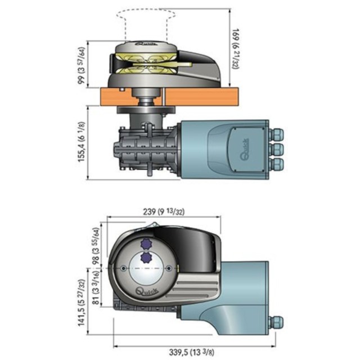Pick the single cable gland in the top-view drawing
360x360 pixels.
click(x=276, y=323)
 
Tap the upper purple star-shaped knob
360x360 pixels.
click(x=147, y=244)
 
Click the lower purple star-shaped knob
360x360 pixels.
click(x=147, y=258)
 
